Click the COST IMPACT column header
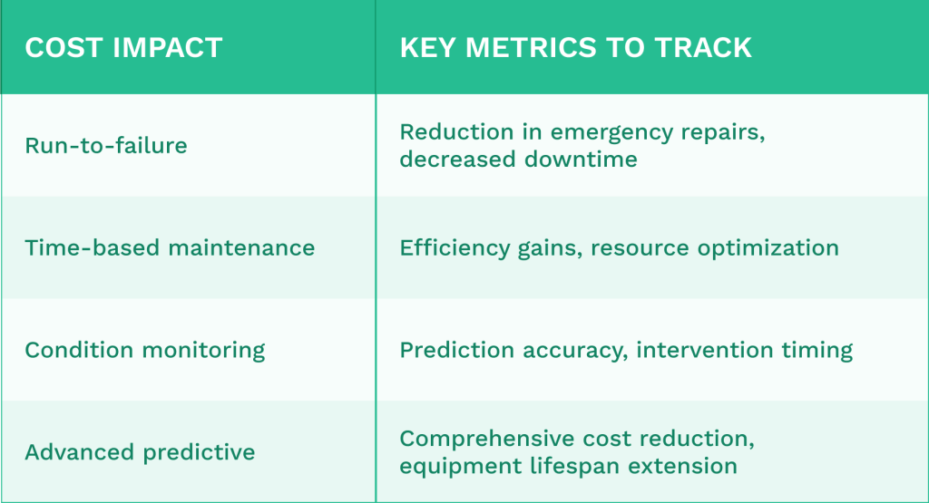[123, 48]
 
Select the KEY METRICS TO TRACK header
[575, 48]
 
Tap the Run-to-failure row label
[106, 145]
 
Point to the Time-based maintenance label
[170, 247]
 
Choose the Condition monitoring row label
[145, 350]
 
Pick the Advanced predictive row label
[140, 452]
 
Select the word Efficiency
[446, 247]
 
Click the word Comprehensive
[477, 439]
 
